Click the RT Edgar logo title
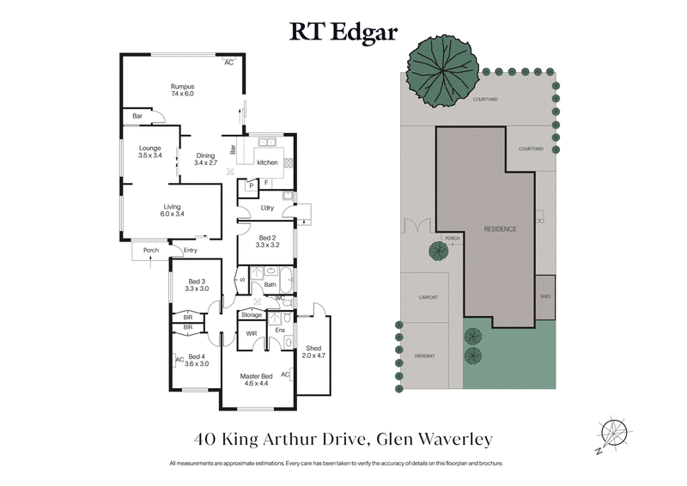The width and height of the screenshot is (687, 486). click(343, 32)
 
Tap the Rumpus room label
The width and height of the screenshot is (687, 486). click(182, 90)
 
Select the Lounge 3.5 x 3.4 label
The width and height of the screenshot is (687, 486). click(150, 152)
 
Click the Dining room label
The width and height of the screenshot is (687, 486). click(205, 159)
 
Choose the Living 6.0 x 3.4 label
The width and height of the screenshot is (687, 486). click(173, 210)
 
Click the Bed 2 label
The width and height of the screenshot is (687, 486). click(267, 241)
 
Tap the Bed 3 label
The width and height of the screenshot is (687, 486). click(198, 285)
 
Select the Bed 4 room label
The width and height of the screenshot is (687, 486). click(198, 360)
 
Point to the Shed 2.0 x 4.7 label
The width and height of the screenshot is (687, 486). click(313, 351)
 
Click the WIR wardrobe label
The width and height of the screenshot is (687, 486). click(252, 333)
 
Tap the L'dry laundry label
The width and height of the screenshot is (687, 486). click(266, 209)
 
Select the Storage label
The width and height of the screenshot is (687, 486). click(252, 315)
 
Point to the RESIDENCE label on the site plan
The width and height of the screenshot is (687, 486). click(500, 229)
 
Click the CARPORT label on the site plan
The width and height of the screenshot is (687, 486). click(428, 298)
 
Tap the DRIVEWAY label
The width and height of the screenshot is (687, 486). click(424, 355)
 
